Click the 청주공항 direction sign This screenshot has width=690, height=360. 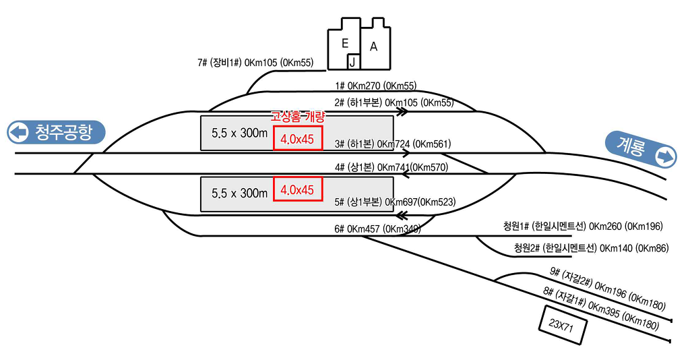pyautogui.click(x=57, y=132)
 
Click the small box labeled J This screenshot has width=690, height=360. pyautogui.click(x=352, y=62)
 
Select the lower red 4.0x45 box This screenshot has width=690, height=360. pyautogui.click(x=298, y=189)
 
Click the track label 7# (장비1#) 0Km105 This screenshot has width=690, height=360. pyautogui.click(x=255, y=63)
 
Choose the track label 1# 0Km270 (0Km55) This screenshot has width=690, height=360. pyautogui.click(x=375, y=86)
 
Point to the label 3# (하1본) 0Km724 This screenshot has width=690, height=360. pyautogui.click(x=392, y=144)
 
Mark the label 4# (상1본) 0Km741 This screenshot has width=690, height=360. pyautogui.click(x=391, y=167)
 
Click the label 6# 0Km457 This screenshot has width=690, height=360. pyautogui.click(x=377, y=229)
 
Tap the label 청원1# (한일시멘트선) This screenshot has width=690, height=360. pyautogui.click(x=583, y=225)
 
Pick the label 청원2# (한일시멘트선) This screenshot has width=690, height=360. pyautogui.click(x=591, y=248)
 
